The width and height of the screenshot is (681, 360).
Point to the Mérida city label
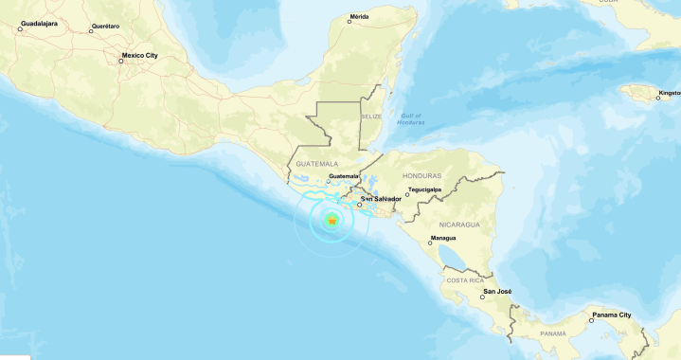pyautogui.click(x=359, y=16)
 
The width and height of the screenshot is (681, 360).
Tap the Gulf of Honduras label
pyautogui.click(x=411, y=118)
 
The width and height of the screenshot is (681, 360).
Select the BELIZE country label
pyautogui.click(x=370, y=116)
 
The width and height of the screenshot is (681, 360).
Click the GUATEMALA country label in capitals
pyautogui.click(x=316, y=163)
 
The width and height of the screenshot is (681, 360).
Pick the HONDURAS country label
pyautogui.click(x=421, y=176)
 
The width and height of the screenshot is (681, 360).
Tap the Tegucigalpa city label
pyautogui.click(x=425, y=189)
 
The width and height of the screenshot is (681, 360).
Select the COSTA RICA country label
pyautogui.click(x=466, y=280)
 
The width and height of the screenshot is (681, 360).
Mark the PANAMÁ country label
pyautogui.click(x=553, y=333)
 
